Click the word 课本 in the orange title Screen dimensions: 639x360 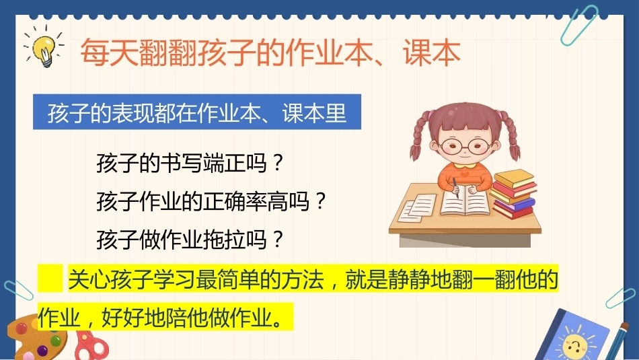[432, 52]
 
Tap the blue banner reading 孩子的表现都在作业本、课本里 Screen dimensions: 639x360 [197, 112]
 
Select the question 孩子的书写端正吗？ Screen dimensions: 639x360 [190, 163]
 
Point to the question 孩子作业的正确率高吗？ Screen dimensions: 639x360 [211, 201]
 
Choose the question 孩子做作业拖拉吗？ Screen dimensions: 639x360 [190, 240]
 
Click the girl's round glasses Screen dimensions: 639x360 [465, 145]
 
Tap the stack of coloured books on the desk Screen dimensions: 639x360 [514, 194]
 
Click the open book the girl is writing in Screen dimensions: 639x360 [465, 203]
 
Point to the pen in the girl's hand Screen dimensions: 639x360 [455, 188]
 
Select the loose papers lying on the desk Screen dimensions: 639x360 [416, 208]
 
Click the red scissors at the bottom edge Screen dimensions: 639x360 [91, 346]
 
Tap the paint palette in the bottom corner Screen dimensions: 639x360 [34, 338]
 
